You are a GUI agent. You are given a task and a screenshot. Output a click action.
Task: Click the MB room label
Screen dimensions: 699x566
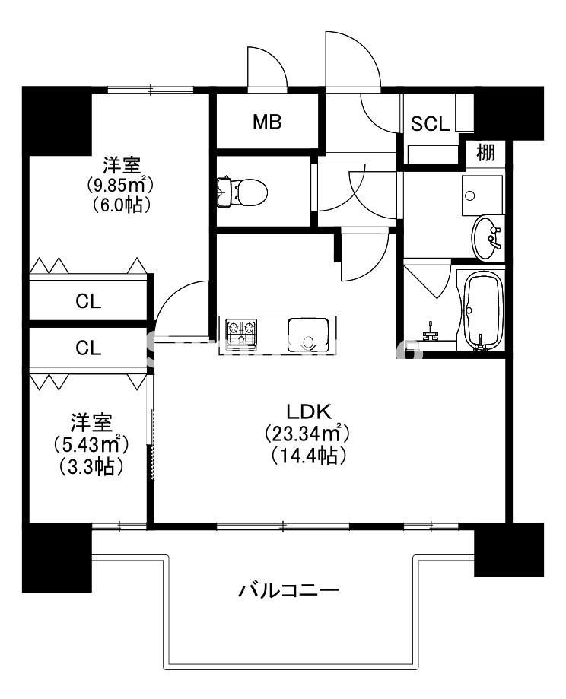tap(267, 122)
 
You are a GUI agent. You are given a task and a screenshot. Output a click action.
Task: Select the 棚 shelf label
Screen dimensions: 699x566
tap(485, 152)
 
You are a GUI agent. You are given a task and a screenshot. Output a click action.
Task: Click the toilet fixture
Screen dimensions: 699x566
tap(243, 191)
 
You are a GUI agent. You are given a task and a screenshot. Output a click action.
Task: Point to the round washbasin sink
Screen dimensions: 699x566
tap(488, 237)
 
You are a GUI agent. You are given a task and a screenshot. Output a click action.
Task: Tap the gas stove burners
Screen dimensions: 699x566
tap(242, 333)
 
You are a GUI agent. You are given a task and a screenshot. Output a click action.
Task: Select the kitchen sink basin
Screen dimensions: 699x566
tap(308, 333)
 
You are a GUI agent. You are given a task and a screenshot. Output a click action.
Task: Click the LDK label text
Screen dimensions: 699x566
tap(307, 411)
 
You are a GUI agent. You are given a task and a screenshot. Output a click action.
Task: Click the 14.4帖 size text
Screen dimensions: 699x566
tap(307, 456)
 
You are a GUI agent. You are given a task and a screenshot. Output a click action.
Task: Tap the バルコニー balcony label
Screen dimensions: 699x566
tap(288, 589)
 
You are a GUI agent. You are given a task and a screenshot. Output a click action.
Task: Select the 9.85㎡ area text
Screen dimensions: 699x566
tap(119, 185)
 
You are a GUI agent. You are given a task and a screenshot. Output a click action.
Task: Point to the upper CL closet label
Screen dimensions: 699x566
tap(88, 301)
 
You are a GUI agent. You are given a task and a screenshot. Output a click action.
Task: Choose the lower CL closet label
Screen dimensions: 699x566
tap(88, 348)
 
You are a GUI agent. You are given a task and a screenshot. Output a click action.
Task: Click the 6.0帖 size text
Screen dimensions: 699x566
tap(119, 205)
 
